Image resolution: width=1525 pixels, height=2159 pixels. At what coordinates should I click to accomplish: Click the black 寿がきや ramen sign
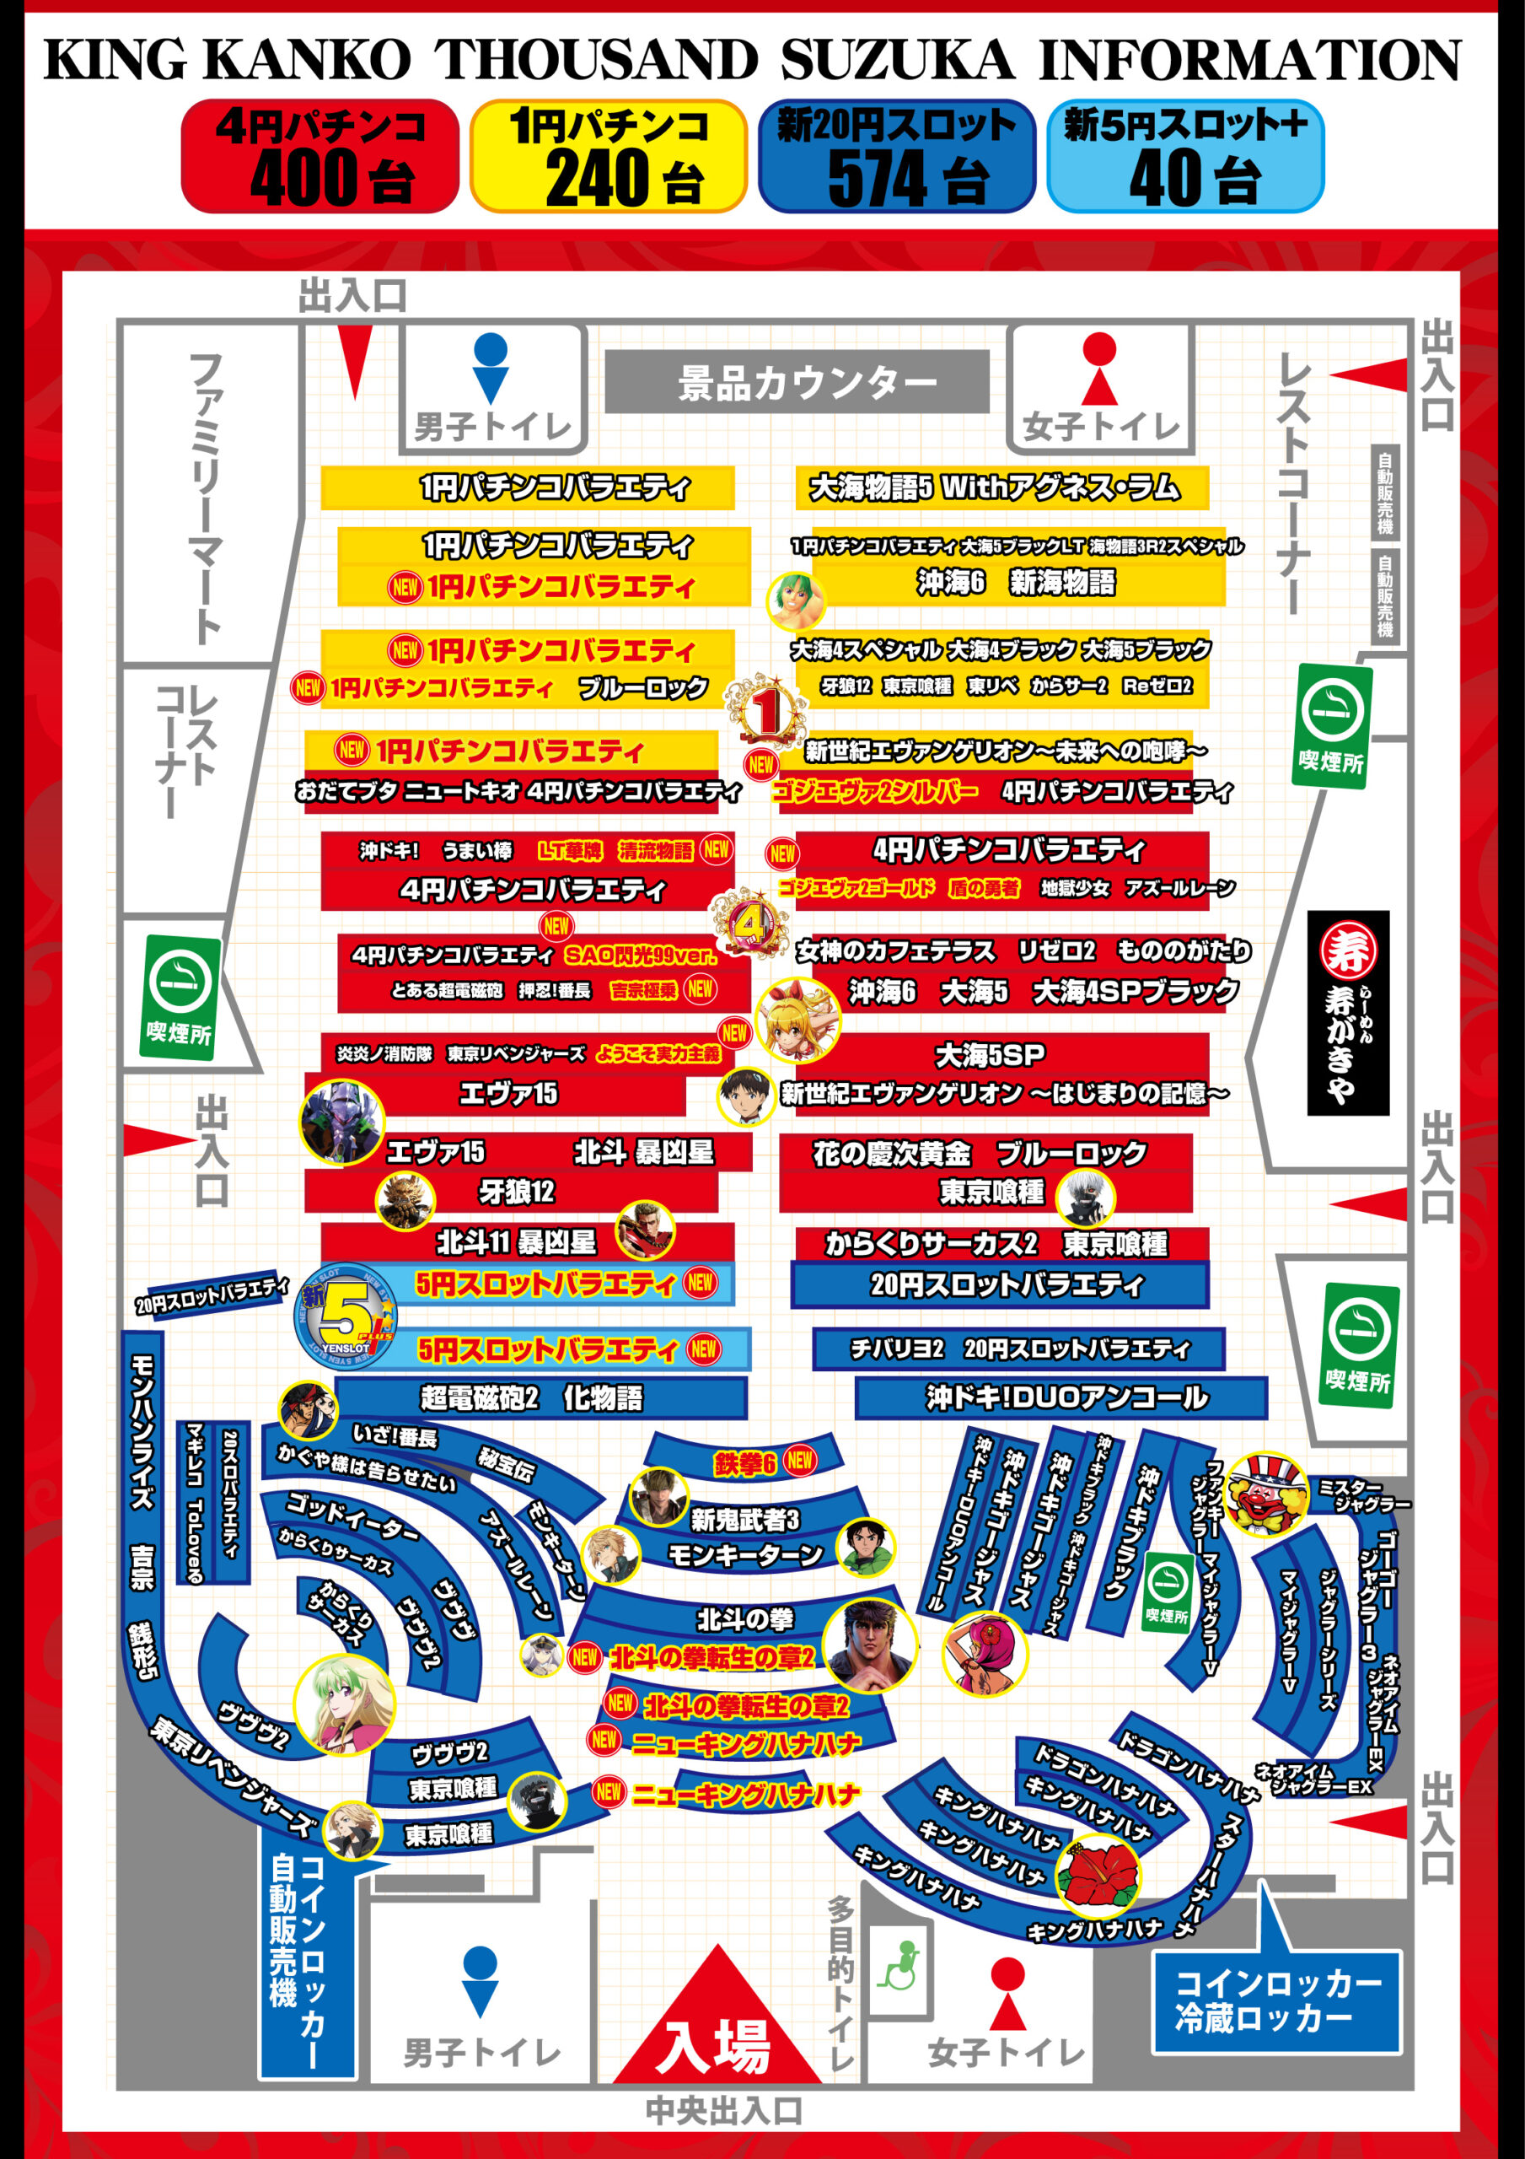pyautogui.click(x=1347, y=1013)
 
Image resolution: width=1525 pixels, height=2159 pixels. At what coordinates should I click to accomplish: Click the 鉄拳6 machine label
pyautogui.click(x=744, y=1463)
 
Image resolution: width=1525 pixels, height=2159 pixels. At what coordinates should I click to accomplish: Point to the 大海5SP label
pyautogui.click(x=989, y=1055)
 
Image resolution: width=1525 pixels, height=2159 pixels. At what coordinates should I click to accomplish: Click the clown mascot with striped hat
pyautogui.click(x=1266, y=1494)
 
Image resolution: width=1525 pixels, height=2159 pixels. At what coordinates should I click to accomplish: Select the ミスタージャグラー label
pyautogui.click(x=1361, y=1495)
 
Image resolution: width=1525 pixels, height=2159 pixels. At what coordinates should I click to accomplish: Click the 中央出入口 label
pyautogui.click(x=723, y=2111)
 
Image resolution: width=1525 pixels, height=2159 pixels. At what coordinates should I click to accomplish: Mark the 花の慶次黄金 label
pyautogui.click(x=890, y=1153)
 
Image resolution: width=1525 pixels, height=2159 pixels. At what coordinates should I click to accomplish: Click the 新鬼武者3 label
pyautogui.click(x=744, y=1520)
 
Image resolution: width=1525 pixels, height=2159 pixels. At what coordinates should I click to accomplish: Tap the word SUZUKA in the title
pyautogui.click(x=897, y=60)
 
